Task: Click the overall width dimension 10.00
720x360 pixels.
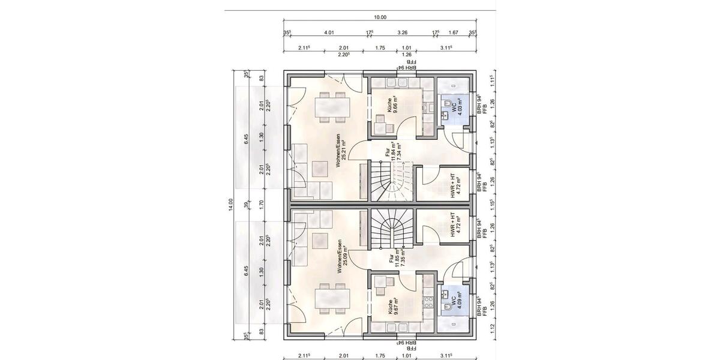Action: (x=380, y=17)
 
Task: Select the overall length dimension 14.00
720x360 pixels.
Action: (x=230, y=206)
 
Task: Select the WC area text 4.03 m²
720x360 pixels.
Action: (x=460, y=106)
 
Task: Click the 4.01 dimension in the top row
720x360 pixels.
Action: (x=328, y=33)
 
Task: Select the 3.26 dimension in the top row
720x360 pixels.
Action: (x=403, y=33)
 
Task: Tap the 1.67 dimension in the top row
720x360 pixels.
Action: (x=454, y=33)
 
